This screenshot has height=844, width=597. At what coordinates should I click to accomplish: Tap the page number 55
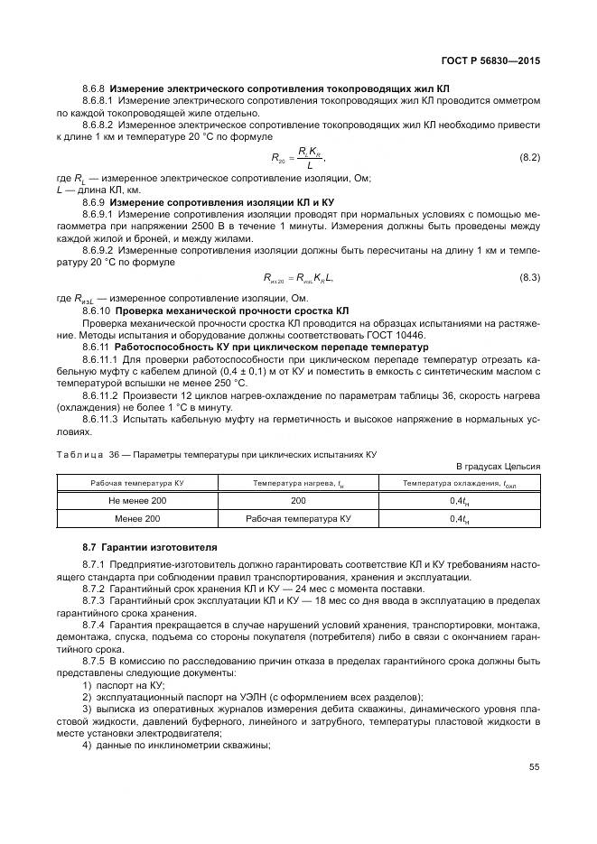(534, 767)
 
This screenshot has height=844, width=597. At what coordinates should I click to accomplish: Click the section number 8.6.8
(94, 90)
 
